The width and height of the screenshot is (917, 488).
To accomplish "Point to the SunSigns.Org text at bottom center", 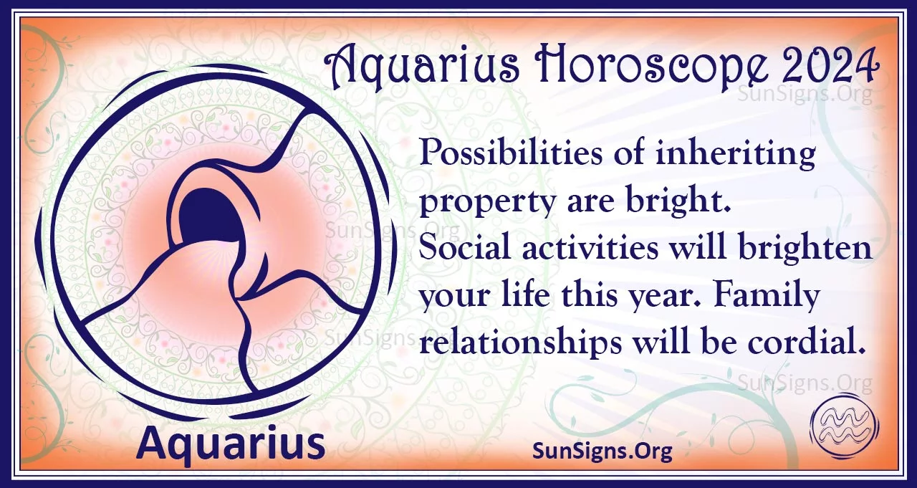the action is (602, 451).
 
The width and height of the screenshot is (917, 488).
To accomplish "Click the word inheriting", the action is (735, 155).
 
